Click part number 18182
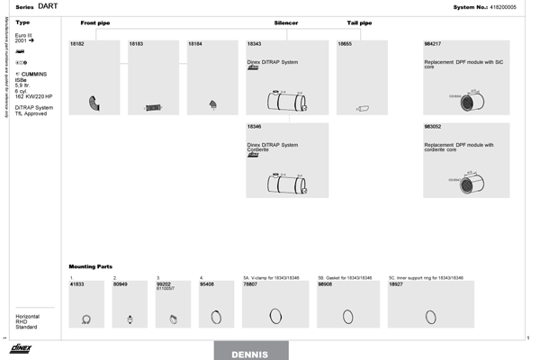[76, 43]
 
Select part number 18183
[136, 43]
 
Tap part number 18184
[194, 43]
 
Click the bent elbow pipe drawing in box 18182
[94, 105]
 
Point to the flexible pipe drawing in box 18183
[153, 108]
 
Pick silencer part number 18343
[254, 43]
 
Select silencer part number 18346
[254, 127]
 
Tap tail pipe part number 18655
[345, 43]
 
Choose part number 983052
[433, 127]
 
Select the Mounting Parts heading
[91, 266]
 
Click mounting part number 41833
[76, 283]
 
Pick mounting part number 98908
[326, 283]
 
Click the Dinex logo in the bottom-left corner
[22, 348]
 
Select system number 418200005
[500, 6]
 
